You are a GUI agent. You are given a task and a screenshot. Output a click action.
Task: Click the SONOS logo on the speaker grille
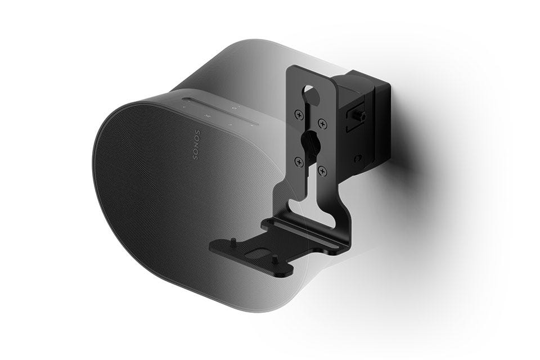tap(196, 144)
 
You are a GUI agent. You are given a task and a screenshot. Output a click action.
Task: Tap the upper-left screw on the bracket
tap(299, 114)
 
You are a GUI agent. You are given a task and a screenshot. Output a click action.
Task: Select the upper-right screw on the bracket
tap(322, 123)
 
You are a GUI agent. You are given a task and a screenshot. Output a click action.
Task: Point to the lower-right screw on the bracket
tap(323, 170)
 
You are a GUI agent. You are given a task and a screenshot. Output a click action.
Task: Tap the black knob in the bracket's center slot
tap(309, 142)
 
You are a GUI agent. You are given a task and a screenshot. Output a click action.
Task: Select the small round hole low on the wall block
tap(358, 158)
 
